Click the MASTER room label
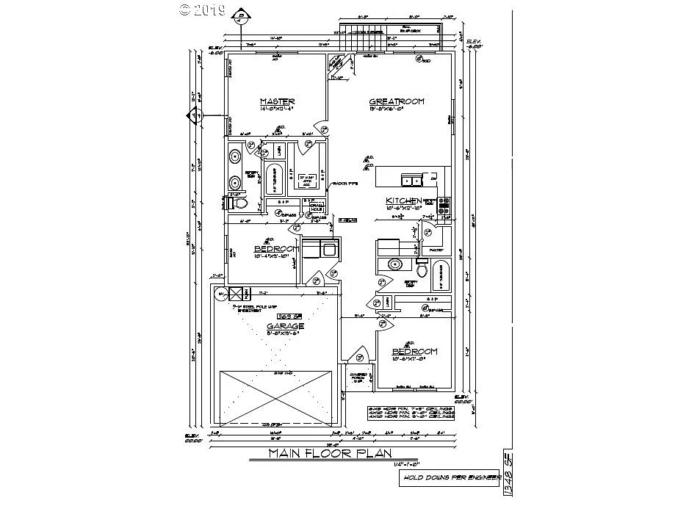click(277, 101)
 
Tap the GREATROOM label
click(397, 101)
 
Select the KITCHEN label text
click(403, 200)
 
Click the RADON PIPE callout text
click(340, 183)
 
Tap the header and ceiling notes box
click(411, 413)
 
